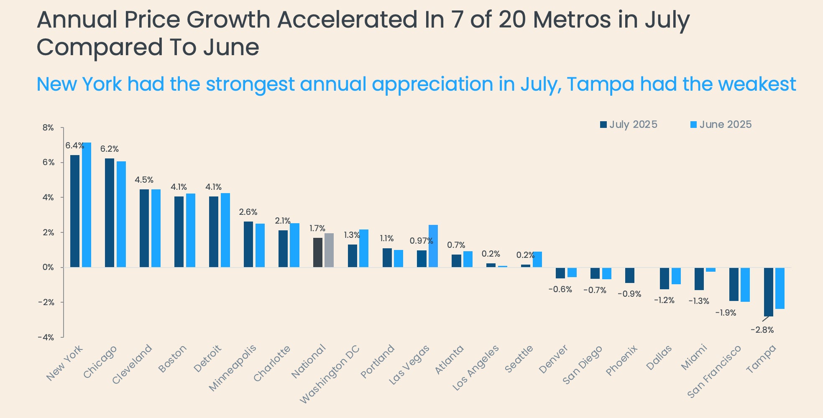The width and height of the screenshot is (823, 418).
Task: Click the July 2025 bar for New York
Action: [x=75, y=211]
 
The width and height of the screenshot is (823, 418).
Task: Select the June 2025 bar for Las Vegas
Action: [x=433, y=246]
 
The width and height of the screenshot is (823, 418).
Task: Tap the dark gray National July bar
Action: [x=318, y=252]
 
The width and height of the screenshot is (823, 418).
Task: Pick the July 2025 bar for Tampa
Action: [x=768, y=292]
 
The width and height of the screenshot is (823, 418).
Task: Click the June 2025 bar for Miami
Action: [x=711, y=270]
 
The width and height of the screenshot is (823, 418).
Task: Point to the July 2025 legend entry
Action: [x=629, y=125]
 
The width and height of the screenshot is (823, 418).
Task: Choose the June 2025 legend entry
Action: [x=721, y=125]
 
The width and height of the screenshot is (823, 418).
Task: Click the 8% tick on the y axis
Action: [x=49, y=128]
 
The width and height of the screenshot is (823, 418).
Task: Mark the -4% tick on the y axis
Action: [x=46, y=337]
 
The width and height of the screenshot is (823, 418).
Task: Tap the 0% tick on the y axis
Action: [x=49, y=268]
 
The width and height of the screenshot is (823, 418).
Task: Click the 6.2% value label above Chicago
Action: [x=110, y=149]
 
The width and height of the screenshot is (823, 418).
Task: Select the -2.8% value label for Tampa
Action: [x=762, y=330]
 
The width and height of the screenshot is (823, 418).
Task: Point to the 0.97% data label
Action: [x=421, y=241]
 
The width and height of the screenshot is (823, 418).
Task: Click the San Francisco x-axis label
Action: [x=714, y=372]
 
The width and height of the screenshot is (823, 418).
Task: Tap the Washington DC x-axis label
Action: [x=330, y=374]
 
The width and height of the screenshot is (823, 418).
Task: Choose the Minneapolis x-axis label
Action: [x=233, y=368]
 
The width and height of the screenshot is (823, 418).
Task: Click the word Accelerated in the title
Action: [x=348, y=20]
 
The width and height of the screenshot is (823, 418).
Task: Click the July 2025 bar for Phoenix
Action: [x=630, y=275]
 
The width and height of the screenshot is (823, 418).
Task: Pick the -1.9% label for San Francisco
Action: [x=726, y=313]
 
